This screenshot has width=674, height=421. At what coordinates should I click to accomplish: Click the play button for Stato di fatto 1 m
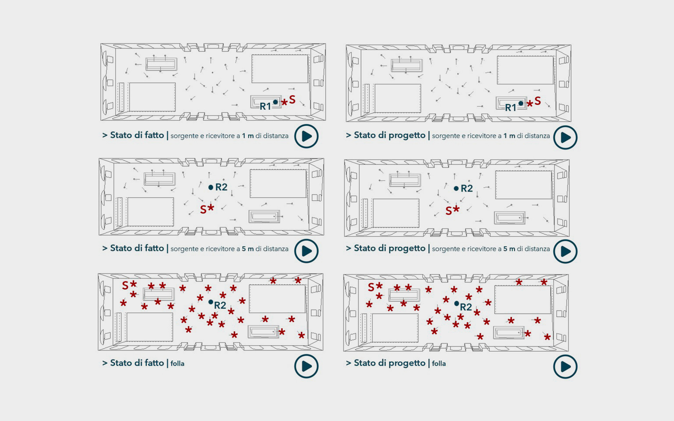click(x=306, y=136)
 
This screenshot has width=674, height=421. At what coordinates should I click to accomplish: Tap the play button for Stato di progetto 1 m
click(x=565, y=137)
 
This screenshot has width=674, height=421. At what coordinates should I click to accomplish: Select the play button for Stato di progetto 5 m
click(x=565, y=251)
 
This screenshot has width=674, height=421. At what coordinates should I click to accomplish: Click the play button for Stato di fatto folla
click(x=306, y=366)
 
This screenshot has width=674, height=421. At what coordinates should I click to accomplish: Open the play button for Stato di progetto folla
click(x=565, y=366)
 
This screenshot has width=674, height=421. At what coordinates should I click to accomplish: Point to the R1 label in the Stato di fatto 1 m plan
click(x=265, y=106)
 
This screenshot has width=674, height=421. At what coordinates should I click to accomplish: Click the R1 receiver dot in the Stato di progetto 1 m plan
click(x=521, y=103)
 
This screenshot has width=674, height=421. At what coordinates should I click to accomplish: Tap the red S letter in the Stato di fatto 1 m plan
click(x=292, y=99)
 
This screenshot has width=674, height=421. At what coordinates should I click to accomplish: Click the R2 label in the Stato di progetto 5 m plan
click(x=467, y=188)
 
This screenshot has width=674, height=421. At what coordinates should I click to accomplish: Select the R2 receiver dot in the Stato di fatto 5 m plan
click(x=211, y=187)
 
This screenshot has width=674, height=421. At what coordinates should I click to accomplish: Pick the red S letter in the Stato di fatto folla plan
click(x=125, y=285)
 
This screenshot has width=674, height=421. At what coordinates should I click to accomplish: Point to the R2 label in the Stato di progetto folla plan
click(x=466, y=307)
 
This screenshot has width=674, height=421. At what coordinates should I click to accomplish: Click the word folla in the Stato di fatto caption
click(x=177, y=363)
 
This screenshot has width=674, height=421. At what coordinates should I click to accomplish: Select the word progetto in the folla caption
click(x=407, y=363)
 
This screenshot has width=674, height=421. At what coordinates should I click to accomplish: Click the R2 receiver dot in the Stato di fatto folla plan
click(x=211, y=302)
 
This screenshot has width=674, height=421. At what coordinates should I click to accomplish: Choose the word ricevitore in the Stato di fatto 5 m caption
click(x=220, y=249)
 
